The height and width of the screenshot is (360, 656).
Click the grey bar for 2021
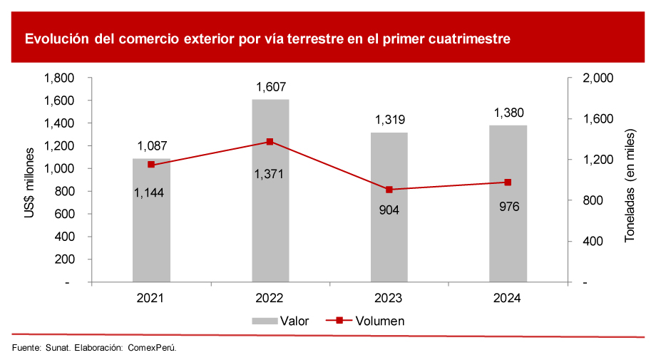pos(151,221)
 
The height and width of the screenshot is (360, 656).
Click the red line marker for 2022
pos(270,142)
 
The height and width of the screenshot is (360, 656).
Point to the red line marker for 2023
pos(389,190)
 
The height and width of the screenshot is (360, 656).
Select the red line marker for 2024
pos(508,182)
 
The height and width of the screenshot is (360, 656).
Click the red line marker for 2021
pos(151,165)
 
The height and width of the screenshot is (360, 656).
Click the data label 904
pos(389,210)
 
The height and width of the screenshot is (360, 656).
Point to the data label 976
pos(508,207)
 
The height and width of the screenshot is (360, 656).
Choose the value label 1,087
pos(151,147)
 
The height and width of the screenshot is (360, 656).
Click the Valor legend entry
pos(281,321)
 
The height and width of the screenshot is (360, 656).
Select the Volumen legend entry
pos(366,321)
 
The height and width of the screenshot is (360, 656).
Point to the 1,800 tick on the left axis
pos(59,78)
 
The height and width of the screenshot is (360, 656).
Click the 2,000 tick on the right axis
pos(598,78)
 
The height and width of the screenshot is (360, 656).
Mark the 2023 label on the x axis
pos(389,298)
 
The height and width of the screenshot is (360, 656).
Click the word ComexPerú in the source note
pos(151,348)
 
